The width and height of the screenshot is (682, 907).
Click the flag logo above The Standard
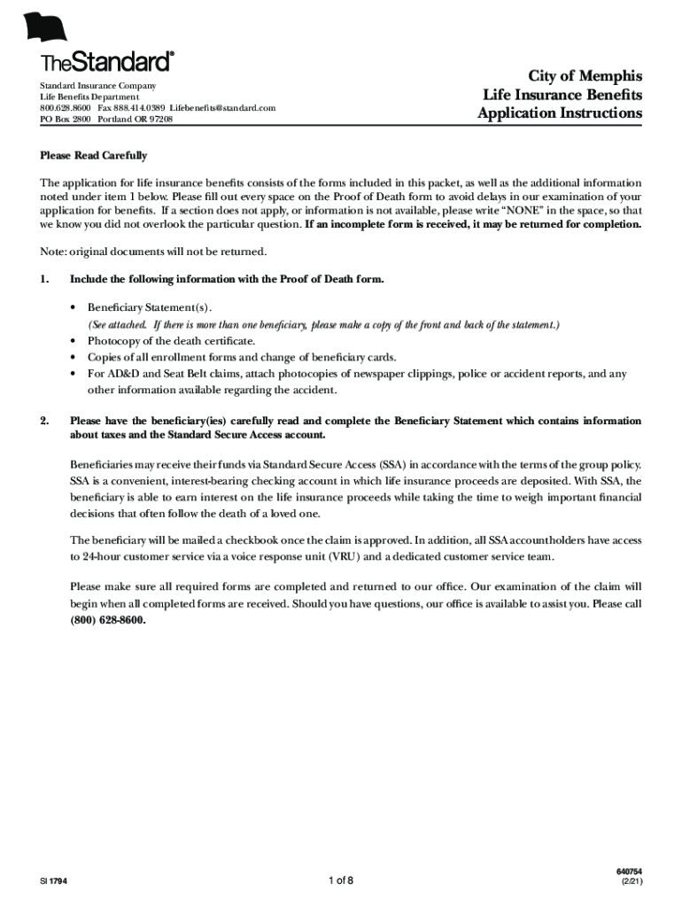pyautogui.click(x=48, y=27)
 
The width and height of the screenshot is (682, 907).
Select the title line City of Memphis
pyautogui.click(x=585, y=75)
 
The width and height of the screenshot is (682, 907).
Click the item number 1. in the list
pyautogui.click(x=44, y=280)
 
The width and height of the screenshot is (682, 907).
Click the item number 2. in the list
pyautogui.click(x=44, y=421)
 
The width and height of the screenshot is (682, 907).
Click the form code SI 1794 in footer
pyautogui.click(x=52, y=882)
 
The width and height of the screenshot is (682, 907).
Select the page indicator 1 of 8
pyautogui.click(x=340, y=880)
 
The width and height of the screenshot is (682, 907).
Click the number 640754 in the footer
pyautogui.click(x=630, y=872)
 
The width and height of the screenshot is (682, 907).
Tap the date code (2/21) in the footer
pyautogui.click(x=632, y=883)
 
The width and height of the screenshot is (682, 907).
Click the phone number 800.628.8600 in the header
pyautogui.click(x=65, y=107)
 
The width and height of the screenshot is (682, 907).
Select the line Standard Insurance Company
pyautogui.click(x=97, y=86)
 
